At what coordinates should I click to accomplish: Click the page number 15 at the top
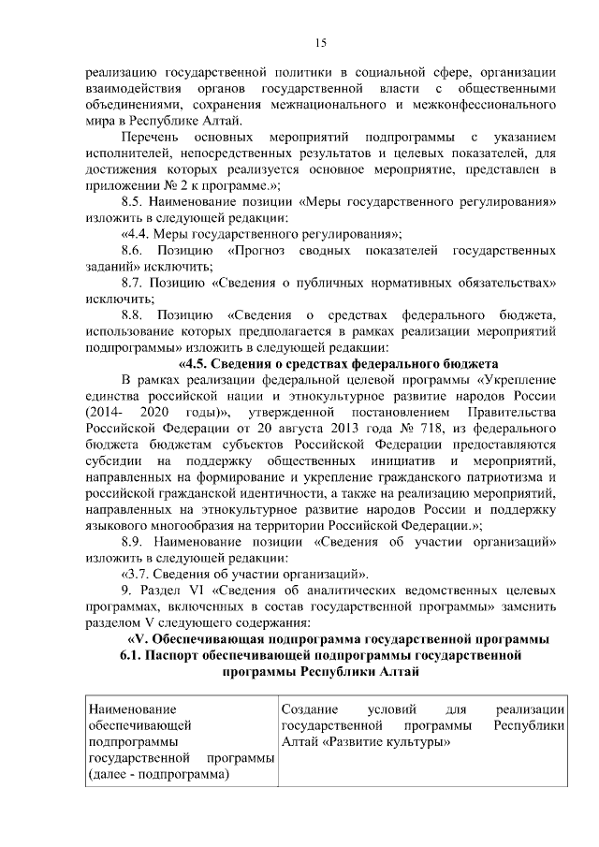click(x=319, y=42)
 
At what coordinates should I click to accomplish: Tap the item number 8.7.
click(x=136, y=282)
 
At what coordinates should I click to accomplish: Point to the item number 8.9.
click(x=136, y=540)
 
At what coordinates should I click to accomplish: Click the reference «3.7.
click(x=139, y=573)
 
